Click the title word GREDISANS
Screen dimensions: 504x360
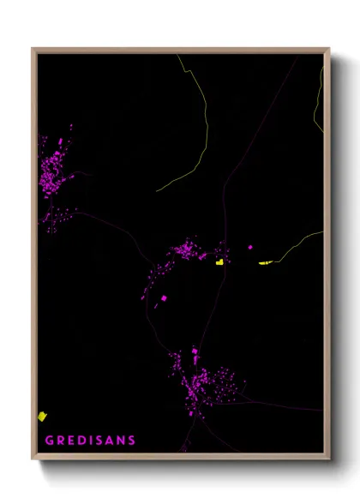click(90, 441)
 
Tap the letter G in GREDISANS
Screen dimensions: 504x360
click(49, 441)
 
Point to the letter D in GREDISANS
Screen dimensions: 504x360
click(81, 441)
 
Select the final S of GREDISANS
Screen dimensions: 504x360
click(131, 441)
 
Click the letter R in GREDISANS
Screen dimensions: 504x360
click(60, 441)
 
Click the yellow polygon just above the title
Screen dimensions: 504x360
click(42, 416)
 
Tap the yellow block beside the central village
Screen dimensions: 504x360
click(220, 262)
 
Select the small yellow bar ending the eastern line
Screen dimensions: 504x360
click(265, 262)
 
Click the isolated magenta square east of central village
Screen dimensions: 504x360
click(250, 248)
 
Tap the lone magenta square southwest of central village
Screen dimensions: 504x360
click(164, 297)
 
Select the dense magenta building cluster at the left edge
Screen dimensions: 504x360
click(55, 171)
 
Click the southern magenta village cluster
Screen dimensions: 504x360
click(201, 381)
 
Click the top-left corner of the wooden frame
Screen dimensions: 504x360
click(33, 49)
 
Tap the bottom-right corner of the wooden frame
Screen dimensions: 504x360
click(329, 459)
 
